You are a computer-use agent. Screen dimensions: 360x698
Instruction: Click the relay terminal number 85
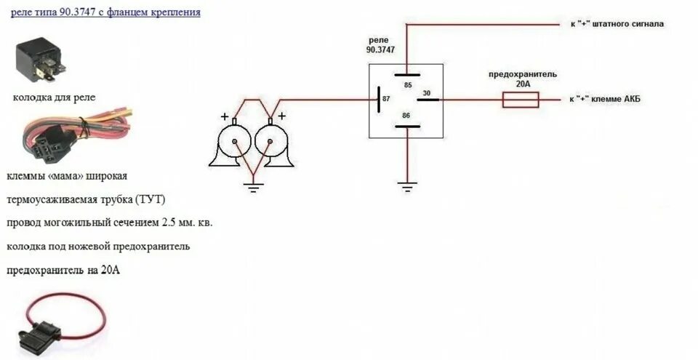407,85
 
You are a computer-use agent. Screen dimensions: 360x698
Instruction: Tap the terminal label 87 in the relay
386,97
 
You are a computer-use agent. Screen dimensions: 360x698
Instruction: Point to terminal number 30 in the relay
427,92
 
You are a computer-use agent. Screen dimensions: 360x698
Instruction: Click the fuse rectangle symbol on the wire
521,100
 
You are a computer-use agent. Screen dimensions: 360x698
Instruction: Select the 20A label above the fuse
522,84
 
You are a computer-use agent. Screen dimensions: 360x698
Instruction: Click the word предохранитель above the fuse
522,74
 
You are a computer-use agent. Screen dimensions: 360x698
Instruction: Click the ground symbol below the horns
253,187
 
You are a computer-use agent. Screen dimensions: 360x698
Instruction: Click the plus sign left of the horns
225,116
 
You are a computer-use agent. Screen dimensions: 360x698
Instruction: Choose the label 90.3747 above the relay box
382,51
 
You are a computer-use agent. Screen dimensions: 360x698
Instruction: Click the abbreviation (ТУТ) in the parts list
159,199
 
